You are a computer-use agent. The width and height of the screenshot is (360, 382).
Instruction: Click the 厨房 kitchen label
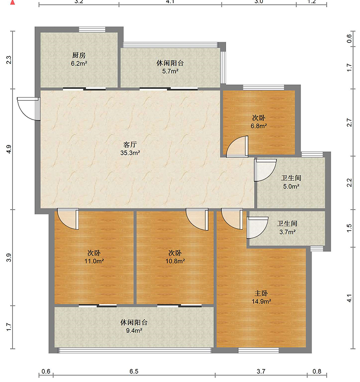tap(78, 55)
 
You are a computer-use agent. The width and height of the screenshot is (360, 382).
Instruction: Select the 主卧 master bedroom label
tap(261, 293)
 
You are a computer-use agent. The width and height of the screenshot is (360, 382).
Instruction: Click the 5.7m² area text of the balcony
tap(170, 71)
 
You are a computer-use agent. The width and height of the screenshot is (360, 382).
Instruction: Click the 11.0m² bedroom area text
tap(93, 261)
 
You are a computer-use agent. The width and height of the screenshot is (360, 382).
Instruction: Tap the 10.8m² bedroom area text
tap(175, 261)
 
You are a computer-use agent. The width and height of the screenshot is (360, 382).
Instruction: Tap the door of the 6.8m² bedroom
tap(237, 147)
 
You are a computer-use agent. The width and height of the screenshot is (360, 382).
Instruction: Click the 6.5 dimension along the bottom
tap(133, 372)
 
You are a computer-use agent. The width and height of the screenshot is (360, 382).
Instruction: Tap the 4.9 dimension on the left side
tap(8, 150)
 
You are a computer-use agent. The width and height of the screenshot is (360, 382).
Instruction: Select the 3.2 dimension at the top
tap(79, 2)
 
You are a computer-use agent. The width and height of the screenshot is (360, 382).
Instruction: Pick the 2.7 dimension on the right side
tap(349, 123)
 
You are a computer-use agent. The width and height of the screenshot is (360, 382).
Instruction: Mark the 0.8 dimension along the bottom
tap(317, 372)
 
